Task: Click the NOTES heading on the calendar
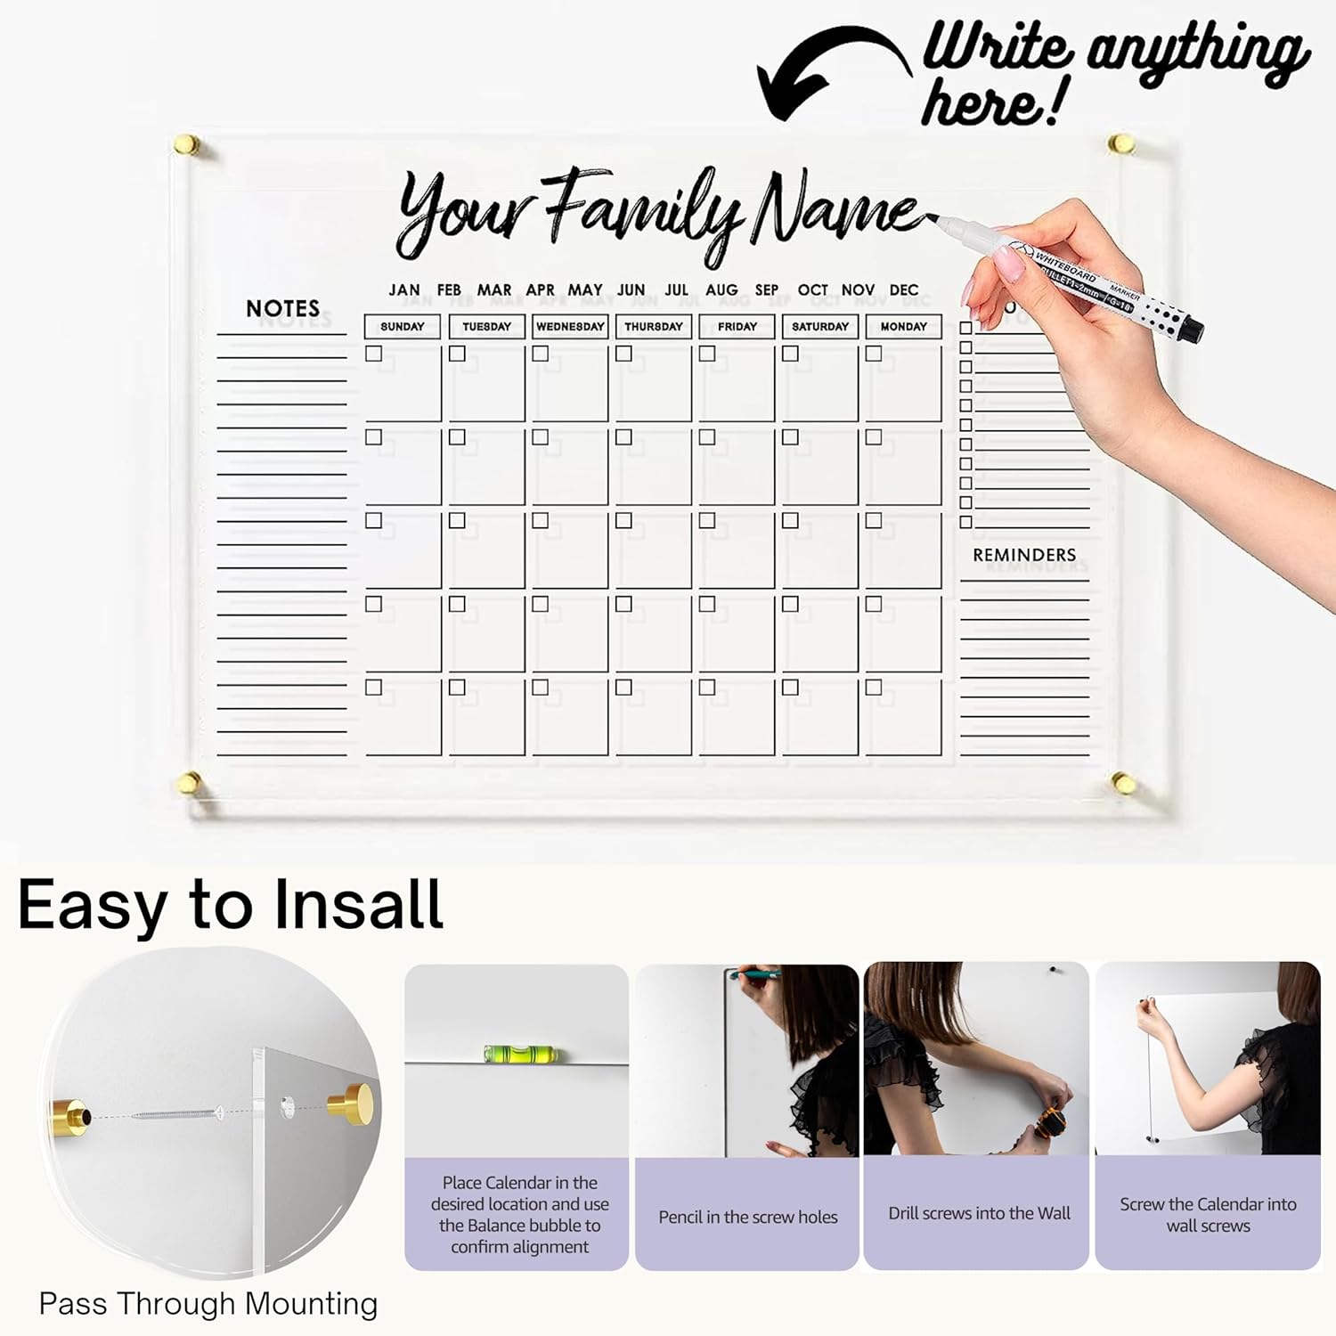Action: [x=282, y=308]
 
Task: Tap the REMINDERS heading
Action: [x=1024, y=555]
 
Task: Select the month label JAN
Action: [x=404, y=290]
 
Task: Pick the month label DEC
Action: [x=904, y=290]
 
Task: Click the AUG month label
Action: [x=721, y=290]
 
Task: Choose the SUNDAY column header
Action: [x=403, y=327]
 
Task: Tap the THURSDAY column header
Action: [x=654, y=327]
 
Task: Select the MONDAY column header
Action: [x=904, y=327]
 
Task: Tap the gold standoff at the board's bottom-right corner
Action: [x=1122, y=784]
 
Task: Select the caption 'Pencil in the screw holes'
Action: [x=748, y=1217]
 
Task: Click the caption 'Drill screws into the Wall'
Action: [x=980, y=1213]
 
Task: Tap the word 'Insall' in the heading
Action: [x=358, y=905]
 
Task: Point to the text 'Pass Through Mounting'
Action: [x=208, y=1304]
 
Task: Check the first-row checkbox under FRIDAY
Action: [x=707, y=354]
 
